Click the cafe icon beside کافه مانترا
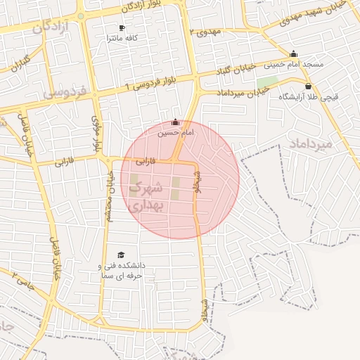click(122, 28)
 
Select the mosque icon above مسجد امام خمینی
click(294, 54)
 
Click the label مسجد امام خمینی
click(293, 64)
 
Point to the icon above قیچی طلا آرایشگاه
click(308, 86)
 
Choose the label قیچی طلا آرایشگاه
click(307, 96)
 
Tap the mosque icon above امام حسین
click(175, 122)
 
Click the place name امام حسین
click(174, 131)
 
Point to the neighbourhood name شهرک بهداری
click(146, 196)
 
